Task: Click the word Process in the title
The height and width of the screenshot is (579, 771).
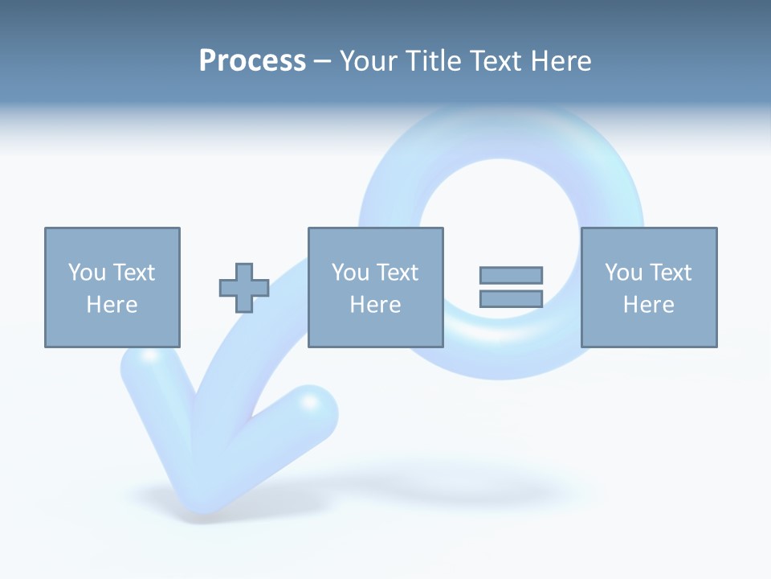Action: tap(252, 61)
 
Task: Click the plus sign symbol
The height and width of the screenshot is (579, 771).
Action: tap(244, 288)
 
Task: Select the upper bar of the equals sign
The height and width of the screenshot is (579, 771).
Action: tap(511, 275)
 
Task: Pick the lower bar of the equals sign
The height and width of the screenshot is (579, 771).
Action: tap(511, 298)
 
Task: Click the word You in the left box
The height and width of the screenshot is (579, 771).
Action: tap(87, 273)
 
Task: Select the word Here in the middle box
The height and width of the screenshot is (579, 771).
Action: tap(375, 305)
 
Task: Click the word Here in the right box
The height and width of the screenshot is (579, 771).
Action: tap(648, 305)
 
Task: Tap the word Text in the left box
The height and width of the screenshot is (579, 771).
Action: tap(133, 273)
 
